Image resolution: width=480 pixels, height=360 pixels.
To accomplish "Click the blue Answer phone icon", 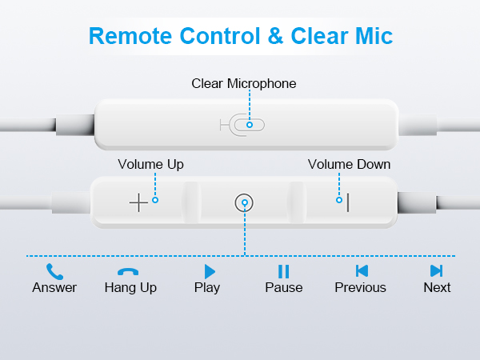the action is [54, 271].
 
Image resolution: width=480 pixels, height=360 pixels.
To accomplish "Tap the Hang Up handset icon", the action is [128, 271].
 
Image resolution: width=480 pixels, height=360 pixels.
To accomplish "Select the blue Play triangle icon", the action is [210, 271].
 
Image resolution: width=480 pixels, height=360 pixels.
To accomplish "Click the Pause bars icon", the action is [283, 271].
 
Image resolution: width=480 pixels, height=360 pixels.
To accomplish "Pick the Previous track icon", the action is [362, 271].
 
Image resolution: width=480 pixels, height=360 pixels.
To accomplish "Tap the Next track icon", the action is [436, 271].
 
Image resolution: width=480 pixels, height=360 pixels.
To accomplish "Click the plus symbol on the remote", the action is [138, 202].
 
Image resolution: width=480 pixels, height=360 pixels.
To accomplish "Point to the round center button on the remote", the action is [244, 202].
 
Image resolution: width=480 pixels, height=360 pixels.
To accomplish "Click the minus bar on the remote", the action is [348, 202].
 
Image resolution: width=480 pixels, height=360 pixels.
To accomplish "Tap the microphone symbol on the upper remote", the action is [242, 125].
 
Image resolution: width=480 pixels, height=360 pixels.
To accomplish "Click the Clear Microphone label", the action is [244, 83].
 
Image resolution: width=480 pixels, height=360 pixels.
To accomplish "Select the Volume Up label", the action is [150, 165].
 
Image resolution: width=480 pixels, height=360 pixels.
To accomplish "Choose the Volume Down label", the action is [349, 164].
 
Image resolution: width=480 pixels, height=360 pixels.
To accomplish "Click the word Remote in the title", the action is [131, 36].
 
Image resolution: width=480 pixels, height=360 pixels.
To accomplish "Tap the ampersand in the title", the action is [275, 36].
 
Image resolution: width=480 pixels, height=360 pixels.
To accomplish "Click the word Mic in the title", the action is [374, 36].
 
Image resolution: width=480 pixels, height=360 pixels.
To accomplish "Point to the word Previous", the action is [360, 287].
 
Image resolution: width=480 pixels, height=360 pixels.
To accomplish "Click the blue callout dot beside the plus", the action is [155, 200].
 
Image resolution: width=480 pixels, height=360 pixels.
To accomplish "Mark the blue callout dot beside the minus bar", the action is [339, 200].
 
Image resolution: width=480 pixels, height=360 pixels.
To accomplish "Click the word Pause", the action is [284, 287].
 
